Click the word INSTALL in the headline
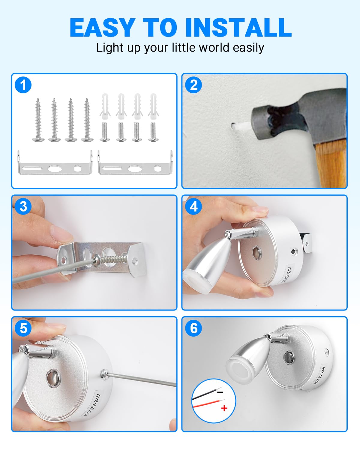[x=238, y=27]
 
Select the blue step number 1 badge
[x=23, y=85]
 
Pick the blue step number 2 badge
[x=193, y=85]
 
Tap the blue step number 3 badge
[x=23, y=207]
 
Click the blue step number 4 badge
[x=193, y=207]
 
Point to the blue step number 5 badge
[x=23, y=328]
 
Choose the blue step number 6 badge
[x=193, y=328]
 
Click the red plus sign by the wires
[x=224, y=408]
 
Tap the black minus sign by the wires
[x=220, y=392]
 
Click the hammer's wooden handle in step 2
[x=331, y=163]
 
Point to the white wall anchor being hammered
[x=241, y=126]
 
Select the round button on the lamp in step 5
[x=52, y=378]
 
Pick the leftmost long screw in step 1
[x=38, y=120]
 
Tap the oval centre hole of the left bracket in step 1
[x=55, y=169]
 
